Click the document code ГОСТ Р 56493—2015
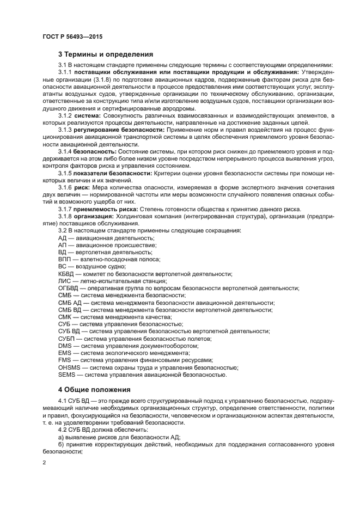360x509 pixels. pos(72,36)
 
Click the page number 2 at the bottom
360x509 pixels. pos(44,462)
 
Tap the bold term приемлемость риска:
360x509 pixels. pos(106,224)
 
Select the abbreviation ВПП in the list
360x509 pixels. pos(64,260)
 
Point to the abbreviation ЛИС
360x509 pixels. pos(64,281)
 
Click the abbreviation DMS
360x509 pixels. pos(65,345)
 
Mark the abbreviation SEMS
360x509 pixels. pos(66,374)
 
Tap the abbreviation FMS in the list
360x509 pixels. pos(65,359)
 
